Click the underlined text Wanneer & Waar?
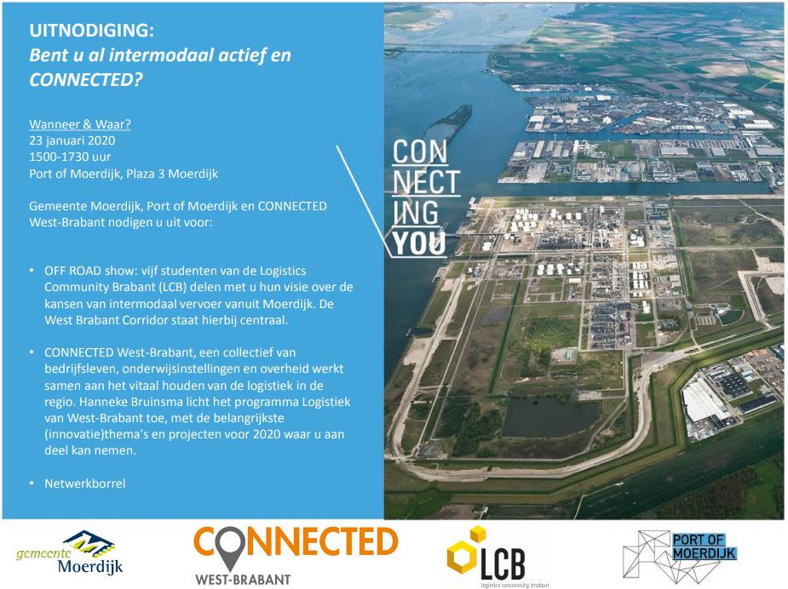click(80, 123)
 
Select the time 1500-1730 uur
click(70, 157)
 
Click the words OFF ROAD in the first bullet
click(73, 271)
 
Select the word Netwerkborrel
click(85, 483)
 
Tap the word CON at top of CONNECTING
click(419, 152)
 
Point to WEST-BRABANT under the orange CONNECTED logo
click(243, 580)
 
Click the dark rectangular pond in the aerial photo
click(550, 416)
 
